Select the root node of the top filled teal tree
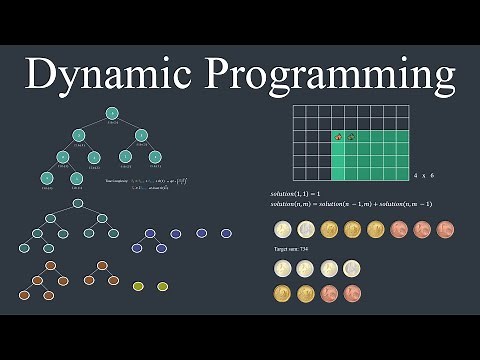click(x=112, y=113)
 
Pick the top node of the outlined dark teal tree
click(x=77, y=203)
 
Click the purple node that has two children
click(x=150, y=233)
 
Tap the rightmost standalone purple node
click(x=226, y=233)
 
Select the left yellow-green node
click(x=139, y=286)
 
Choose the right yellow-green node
click(x=162, y=286)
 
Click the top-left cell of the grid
click(x=300, y=113)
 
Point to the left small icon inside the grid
click(x=338, y=137)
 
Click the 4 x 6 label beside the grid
click(x=424, y=175)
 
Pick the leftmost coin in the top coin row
click(x=282, y=229)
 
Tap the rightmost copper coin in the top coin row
click(x=445, y=229)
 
